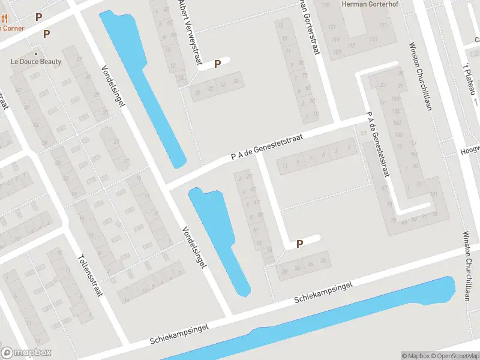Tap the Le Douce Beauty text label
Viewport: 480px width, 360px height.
tap(36, 61)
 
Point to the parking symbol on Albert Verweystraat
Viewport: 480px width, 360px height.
tap(218, 63)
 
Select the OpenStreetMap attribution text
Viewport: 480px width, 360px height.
tap(454, 356)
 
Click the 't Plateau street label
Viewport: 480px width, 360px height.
tap(471, 78)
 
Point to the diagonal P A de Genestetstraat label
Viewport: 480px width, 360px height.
tap(267, 147)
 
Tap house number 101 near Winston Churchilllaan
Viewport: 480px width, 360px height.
tap(433, 195)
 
